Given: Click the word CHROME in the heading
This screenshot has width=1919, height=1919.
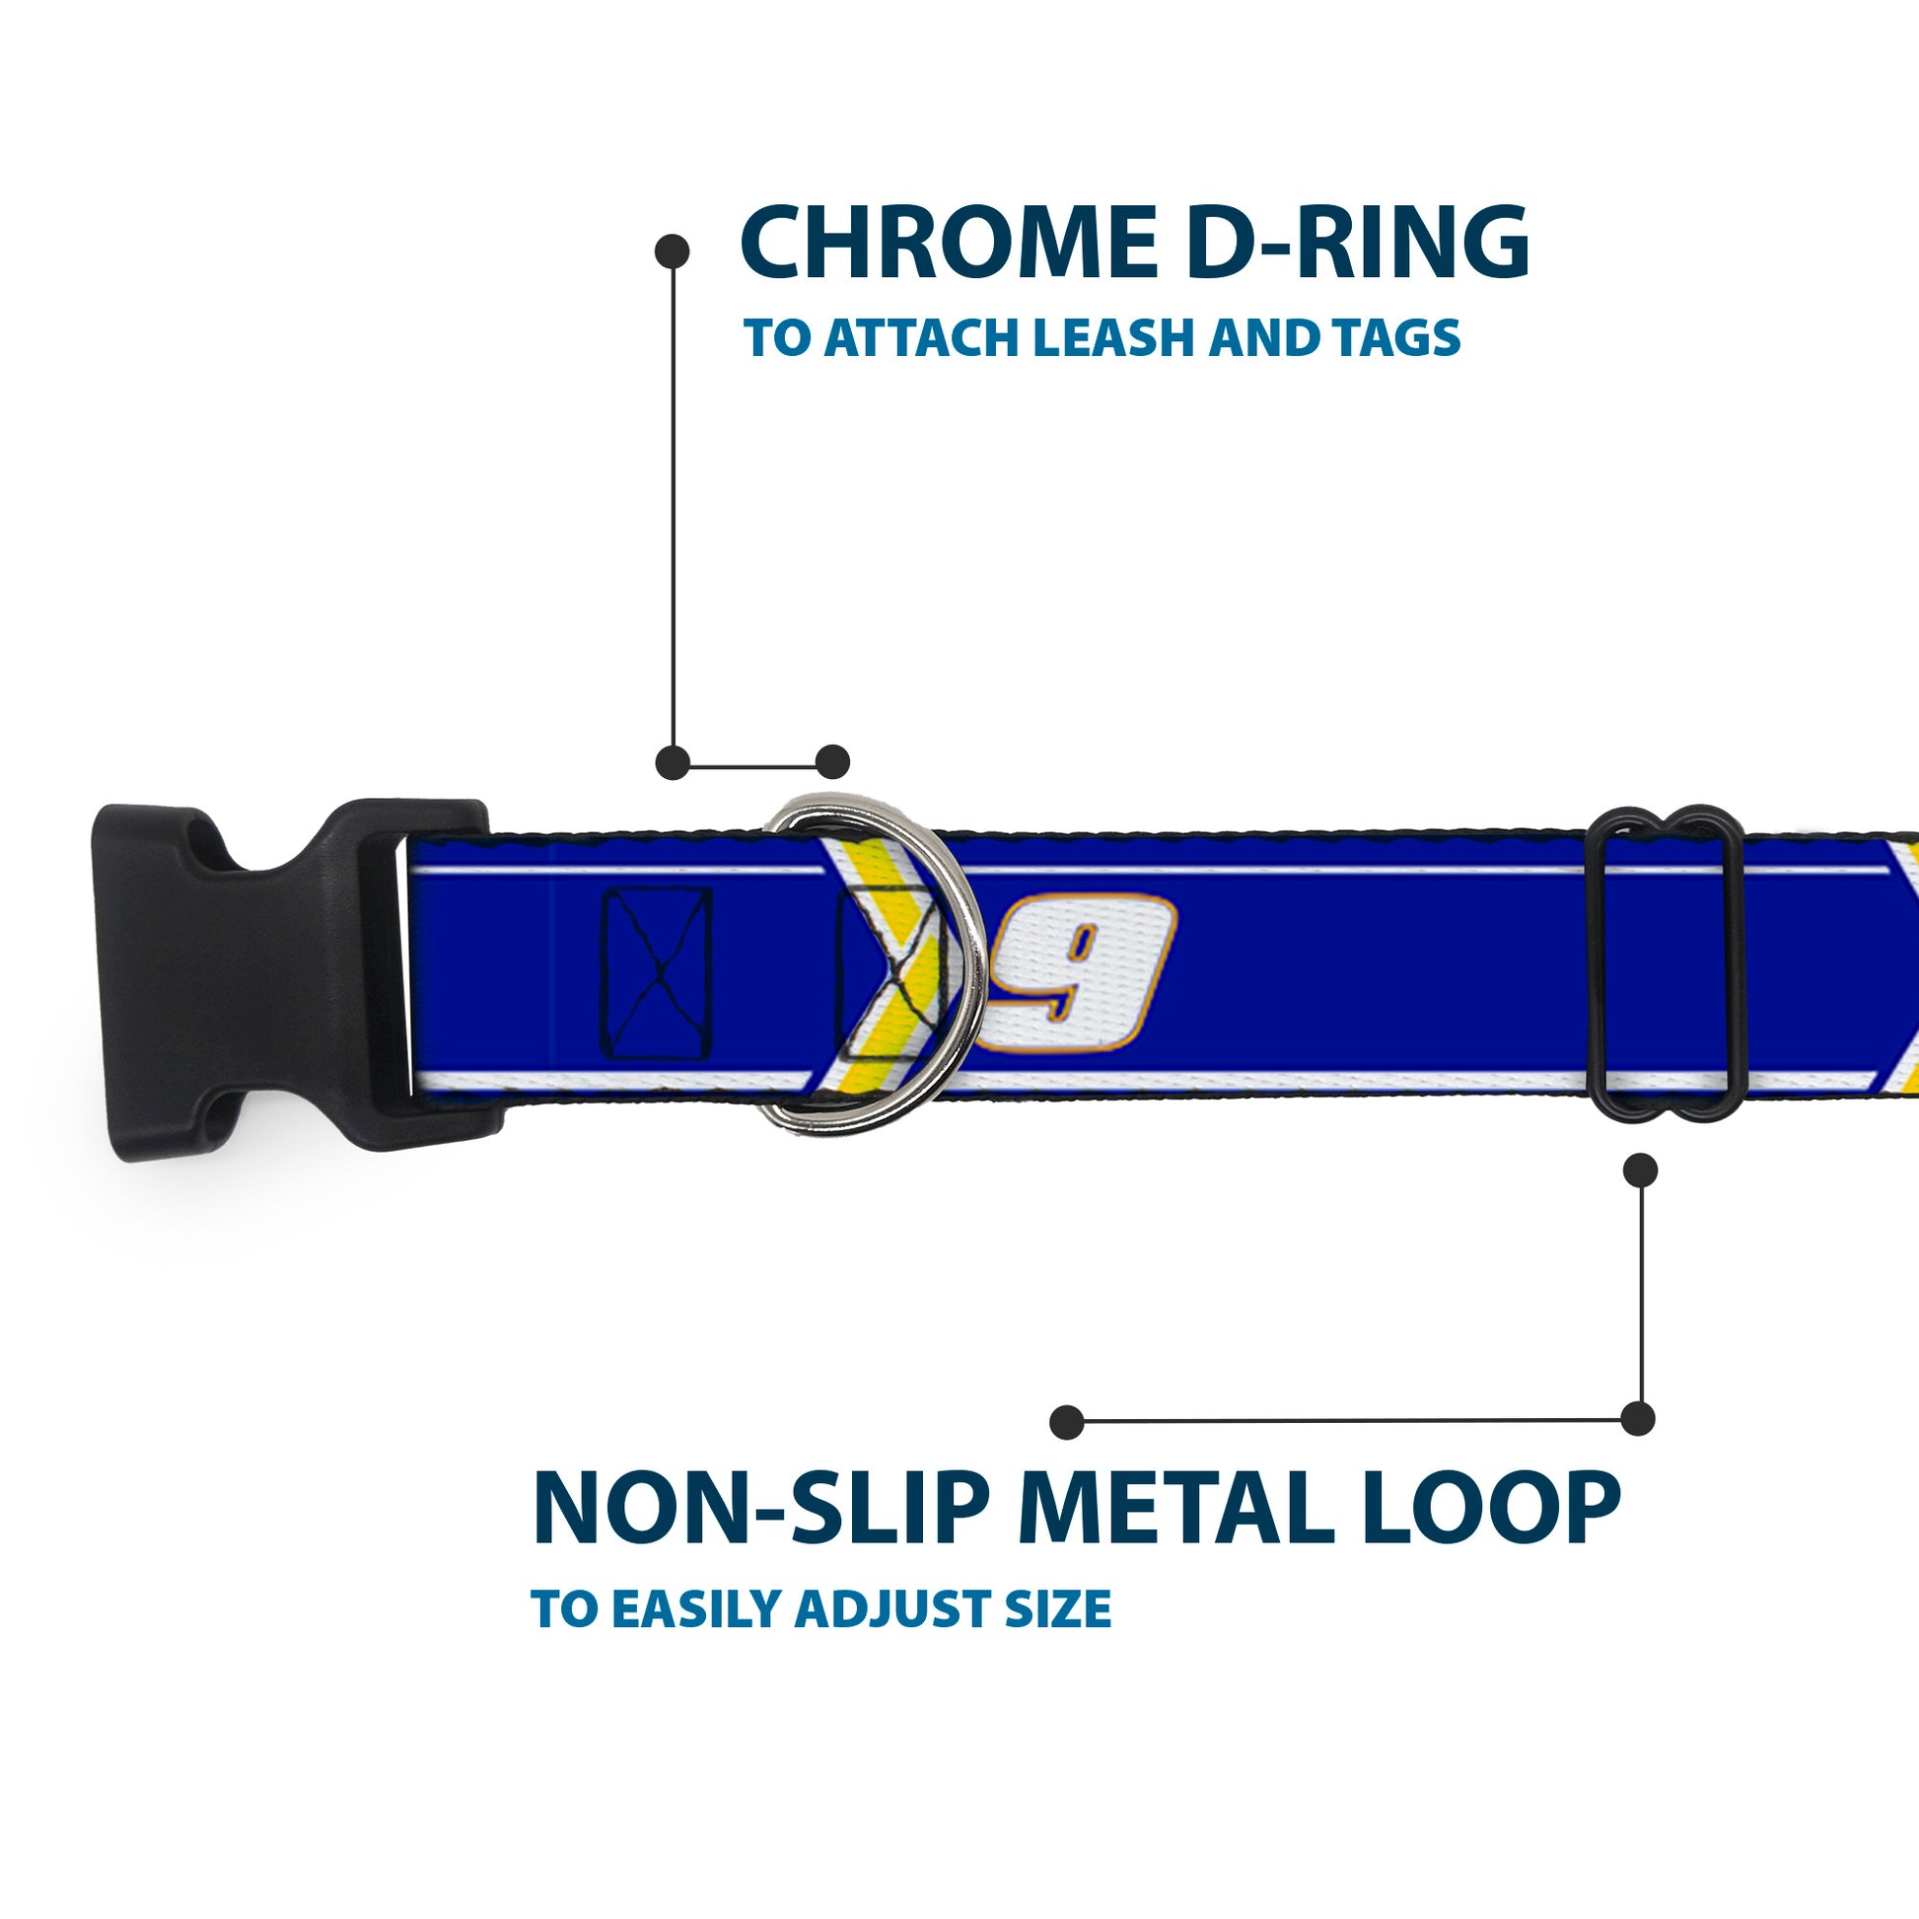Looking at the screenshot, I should (x=949, y=245).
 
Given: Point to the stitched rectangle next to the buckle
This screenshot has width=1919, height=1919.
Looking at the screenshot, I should (x=657, y=972).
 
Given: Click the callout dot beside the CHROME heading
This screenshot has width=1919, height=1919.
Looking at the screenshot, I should (x=673, y=250).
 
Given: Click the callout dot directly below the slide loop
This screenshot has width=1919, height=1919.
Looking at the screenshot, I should (x=1640, y=1171).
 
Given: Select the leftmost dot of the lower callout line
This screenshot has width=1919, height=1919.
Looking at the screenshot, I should (x=1067, y=1421).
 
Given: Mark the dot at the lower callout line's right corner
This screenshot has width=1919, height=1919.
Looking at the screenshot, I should (x=1638, y=1418).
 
